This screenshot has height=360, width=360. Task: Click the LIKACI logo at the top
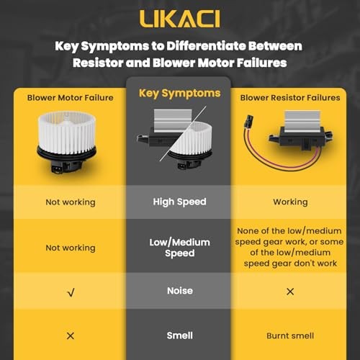point(179,19)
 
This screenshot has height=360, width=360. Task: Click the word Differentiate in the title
point(206,46)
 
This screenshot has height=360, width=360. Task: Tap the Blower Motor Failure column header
point(70,98)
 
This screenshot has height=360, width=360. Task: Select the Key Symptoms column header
point(179,94)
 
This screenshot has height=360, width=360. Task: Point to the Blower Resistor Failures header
point(290,98)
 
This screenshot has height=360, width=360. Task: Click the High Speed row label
point(179,202)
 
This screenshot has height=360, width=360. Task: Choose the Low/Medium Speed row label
point(179,248)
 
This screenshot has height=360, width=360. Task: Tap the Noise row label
point(180,291)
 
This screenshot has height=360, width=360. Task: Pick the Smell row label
point(179,336)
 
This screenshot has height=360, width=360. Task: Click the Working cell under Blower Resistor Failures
point(290,202)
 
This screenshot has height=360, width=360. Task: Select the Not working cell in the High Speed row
point(71,202)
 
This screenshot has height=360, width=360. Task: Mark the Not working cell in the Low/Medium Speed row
point(71,248)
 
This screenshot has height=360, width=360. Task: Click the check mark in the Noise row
point(71,292)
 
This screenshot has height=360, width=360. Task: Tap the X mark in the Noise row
point(290,292)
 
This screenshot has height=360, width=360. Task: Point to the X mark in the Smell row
point(71,336)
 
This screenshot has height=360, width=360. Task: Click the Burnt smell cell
point(290,336)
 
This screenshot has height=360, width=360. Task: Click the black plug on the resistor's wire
point(248,122)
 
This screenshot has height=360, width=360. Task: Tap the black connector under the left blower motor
point(58,168)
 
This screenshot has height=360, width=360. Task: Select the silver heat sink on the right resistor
point(302,122)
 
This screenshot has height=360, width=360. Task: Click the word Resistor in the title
point(98,63)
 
